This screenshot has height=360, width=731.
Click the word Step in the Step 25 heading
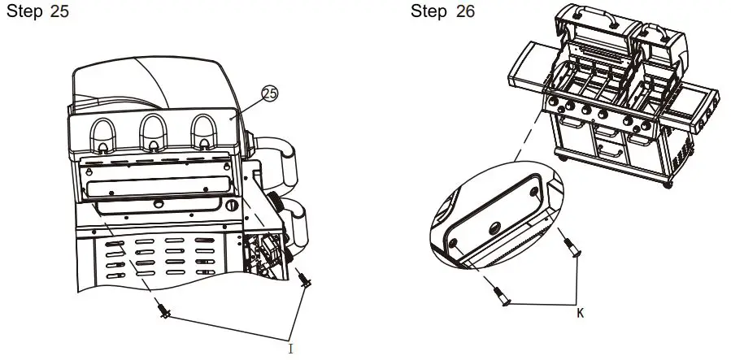coord(25,15)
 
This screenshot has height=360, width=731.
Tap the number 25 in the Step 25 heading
coord(59,15)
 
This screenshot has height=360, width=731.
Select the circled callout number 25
coord(269,94)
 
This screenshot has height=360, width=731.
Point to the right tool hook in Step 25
coord(202,132)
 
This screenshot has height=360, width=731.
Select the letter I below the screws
coord(290,348)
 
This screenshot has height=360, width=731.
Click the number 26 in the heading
coord(465,12)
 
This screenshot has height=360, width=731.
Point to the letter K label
coord(580,311)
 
